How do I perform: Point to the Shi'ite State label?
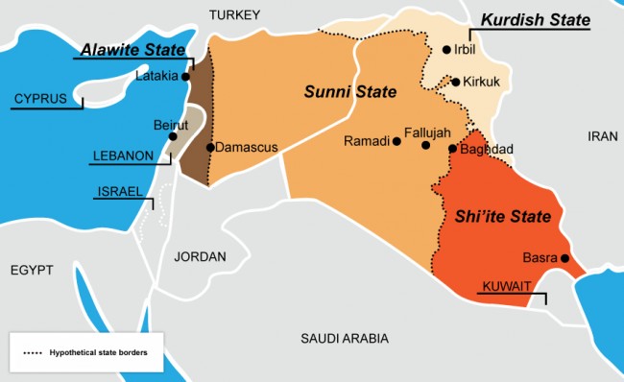pos(503,217)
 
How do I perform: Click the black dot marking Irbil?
pos(446,50)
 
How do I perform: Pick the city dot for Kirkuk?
pos(455,83)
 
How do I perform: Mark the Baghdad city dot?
pos(452,149)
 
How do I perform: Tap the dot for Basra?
pos(565,258)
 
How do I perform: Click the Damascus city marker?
pos(210,148)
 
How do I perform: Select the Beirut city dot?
pos(173,136)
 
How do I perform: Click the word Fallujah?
pos(427,131)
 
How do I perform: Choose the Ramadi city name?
pos(366,141)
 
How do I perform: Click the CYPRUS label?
pos(39,99)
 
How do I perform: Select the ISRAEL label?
pos(117,192)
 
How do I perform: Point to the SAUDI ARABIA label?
pos(344,338)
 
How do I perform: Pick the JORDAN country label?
pos(200,256)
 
